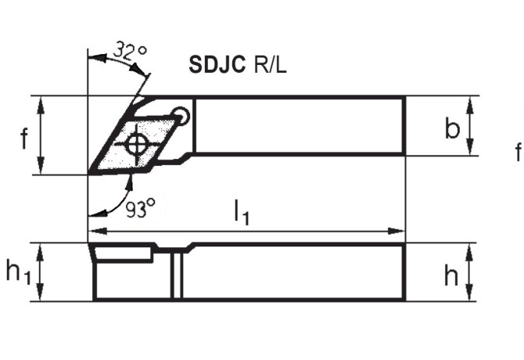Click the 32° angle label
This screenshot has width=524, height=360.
(x=130, y=52)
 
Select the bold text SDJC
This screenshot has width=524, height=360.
(x=217, y=65)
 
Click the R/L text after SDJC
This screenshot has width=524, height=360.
(x=270, y=65)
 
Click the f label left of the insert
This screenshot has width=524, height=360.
(x=24, y=139)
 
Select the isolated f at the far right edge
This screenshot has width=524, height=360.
(x=518, y=152)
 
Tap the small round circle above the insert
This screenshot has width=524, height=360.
(x=182, y=117)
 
